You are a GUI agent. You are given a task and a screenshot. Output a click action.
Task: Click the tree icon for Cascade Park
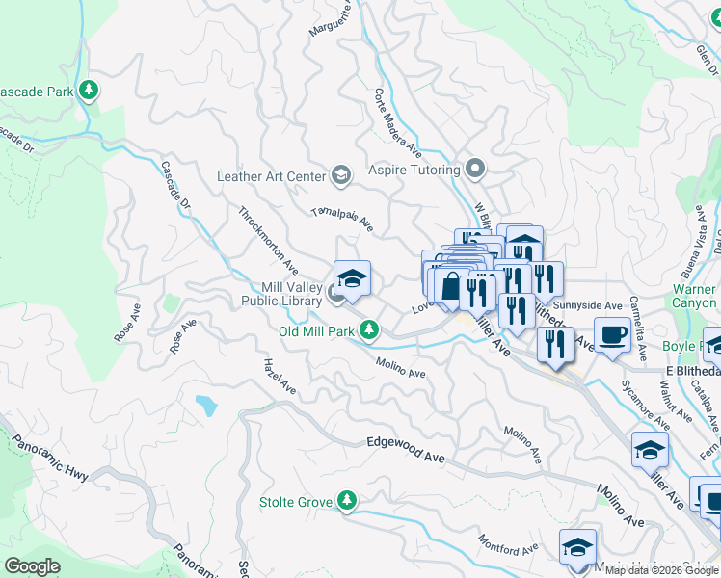[x=89, y=92]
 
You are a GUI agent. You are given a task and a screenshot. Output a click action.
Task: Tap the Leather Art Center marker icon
[x=340, y=175]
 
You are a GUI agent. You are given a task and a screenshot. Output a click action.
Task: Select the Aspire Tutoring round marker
[x=473, y=170]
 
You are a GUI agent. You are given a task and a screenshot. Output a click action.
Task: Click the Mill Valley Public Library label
[x=280, y=294]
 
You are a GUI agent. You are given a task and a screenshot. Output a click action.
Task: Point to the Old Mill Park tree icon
[x=368, y=331]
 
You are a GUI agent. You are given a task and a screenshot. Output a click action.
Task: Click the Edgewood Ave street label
[x=405, y=450]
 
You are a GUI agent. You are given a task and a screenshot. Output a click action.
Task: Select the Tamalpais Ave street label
[x=342, y=221]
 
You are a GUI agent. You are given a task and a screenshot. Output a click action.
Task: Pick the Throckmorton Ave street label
[x=268, y=237]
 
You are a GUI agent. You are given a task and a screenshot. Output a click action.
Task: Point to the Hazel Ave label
[x=280, y=377]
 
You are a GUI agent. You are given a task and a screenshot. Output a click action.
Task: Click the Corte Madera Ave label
[x=398, y=123]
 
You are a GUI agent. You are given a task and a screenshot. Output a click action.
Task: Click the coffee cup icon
[x=612, y=334]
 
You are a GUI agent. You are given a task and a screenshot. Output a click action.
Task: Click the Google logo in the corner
[x=34, y=566]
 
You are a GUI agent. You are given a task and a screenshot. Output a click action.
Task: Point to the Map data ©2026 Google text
[x=661, y=570]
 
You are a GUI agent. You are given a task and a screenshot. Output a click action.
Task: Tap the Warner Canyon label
[x=695, y=296]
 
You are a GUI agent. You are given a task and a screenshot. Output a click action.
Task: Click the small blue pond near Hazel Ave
[x=205, y=406]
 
